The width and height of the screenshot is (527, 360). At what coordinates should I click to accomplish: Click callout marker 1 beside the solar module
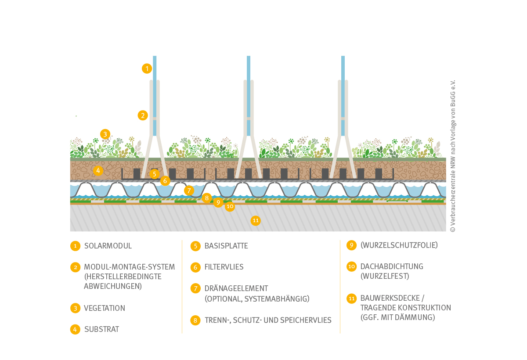click(x=147, y=68)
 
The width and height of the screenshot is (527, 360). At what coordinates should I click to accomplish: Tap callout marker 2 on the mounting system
click(x=143, y=115)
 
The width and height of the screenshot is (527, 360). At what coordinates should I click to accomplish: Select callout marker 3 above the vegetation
click(x=105, y=134)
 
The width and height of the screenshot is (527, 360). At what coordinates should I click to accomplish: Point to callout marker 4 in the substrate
click(x=98, y=170)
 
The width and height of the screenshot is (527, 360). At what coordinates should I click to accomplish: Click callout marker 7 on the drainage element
click(x=189, y=190)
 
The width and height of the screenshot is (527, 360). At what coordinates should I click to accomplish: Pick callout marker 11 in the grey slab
click(x=256, y=220)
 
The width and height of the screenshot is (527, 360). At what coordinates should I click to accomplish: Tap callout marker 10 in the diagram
click(x=230, y=206)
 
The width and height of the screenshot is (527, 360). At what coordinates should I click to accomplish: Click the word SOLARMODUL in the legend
click(x=108, y=246)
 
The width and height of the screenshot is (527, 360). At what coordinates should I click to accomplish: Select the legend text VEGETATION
click(x=105, y=308)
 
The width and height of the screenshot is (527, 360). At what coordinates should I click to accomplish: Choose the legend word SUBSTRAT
click(x=101, y=329)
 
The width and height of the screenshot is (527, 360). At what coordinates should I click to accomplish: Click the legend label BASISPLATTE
click(x=226, y=246)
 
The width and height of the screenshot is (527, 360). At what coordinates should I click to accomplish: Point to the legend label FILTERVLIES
click(x=224, y=267)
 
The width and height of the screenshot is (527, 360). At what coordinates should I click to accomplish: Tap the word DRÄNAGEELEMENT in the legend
click(x=236, y=288)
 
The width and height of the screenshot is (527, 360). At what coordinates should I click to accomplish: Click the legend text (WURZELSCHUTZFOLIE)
click(x=399, y=245)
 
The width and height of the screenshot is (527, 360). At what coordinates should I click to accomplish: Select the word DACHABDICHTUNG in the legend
click(x=392, y=266)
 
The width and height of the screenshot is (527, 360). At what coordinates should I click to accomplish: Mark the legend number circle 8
click(x=195, y=320)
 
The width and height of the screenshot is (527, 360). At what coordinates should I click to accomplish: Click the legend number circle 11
click(x=351, y=299)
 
